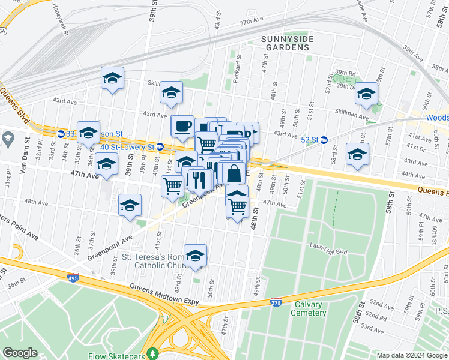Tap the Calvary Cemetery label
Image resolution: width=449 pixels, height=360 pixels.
309,308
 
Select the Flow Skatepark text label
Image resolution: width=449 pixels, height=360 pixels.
114,356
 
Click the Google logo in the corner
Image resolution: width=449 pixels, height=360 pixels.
20,352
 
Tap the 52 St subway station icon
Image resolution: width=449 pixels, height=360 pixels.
324,140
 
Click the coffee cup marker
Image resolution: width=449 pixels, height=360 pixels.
182,126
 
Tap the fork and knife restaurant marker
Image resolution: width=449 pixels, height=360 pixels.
199,179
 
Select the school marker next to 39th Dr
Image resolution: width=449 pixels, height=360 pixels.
366,94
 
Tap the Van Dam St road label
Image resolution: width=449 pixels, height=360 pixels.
24,162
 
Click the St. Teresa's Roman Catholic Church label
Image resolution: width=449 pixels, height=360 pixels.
156,261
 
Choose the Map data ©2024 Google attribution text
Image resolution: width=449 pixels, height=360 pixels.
411,355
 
